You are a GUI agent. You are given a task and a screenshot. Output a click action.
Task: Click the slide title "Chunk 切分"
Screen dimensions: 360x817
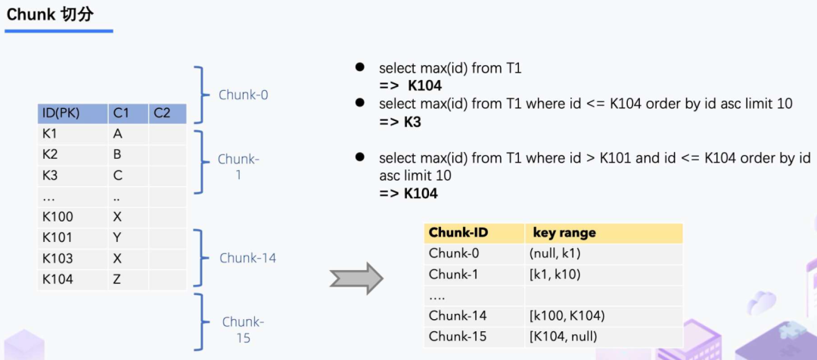tap(50, 14)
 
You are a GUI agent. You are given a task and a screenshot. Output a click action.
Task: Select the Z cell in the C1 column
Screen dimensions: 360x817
tap(118, 279)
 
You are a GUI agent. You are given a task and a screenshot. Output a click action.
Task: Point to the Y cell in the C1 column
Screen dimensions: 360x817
tap(118, 237)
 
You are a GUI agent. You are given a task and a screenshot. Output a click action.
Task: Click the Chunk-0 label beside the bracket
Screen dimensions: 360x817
tap(244, 95)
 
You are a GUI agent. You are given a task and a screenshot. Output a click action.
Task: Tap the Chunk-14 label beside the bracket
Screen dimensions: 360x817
tap(248, 258)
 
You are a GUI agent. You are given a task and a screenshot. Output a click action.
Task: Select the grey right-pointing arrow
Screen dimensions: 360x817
tap(356, 278)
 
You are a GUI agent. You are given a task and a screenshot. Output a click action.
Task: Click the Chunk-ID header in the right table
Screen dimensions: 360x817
tap(457, 233)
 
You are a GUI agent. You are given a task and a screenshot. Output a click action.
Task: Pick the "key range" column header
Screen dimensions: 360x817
tap(564, 233)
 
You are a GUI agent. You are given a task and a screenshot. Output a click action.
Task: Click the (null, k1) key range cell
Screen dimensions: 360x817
tap(555, 253)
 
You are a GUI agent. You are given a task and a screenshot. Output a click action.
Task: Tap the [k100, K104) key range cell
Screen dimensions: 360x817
tap(567, 316)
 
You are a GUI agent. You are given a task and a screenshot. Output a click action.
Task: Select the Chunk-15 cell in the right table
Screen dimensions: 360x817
tap(458, 337)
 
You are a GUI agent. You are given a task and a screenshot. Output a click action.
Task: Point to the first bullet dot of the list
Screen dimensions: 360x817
tap(361, 68)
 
